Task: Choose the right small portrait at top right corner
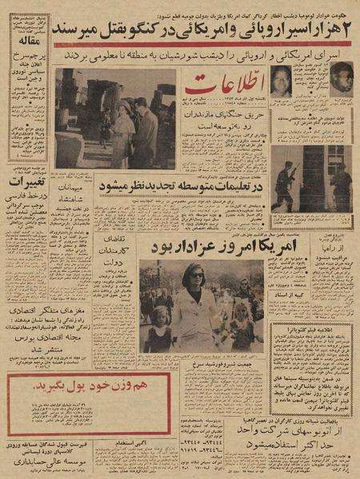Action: point(341,79)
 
